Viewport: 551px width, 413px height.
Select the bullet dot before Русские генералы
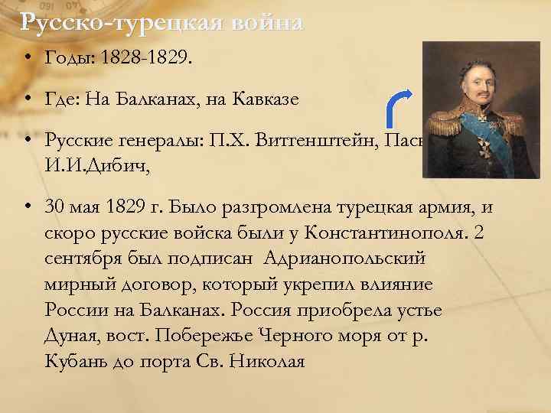point(27,140)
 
